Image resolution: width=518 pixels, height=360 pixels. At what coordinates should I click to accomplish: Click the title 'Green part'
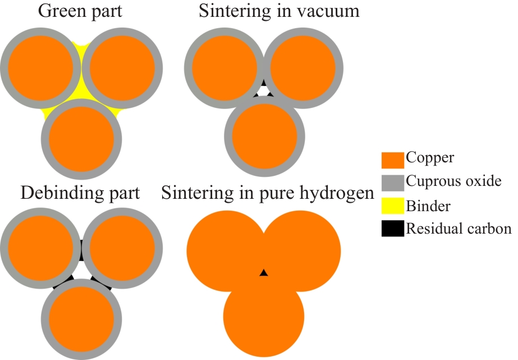[81, 11]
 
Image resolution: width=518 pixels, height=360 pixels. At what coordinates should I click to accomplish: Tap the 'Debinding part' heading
[80, 193]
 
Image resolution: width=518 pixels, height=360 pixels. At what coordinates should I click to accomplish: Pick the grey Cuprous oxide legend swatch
[392, 183]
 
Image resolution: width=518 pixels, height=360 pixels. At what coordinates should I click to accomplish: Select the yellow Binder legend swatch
[392, 206]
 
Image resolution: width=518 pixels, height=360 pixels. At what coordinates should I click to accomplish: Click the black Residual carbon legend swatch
[392, 229]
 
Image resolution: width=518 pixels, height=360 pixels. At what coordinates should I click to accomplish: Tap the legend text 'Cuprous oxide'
[453, 182]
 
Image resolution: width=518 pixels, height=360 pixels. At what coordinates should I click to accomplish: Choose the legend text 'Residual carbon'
[459, 229]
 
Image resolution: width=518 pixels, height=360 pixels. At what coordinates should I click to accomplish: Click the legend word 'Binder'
[427, 206]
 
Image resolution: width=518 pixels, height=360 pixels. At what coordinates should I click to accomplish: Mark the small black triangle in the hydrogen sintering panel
[263, 273]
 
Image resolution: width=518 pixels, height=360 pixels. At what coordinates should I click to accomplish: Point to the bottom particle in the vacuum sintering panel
[264, 136]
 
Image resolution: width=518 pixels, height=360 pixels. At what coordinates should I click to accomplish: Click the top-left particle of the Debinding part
[40, 247]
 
